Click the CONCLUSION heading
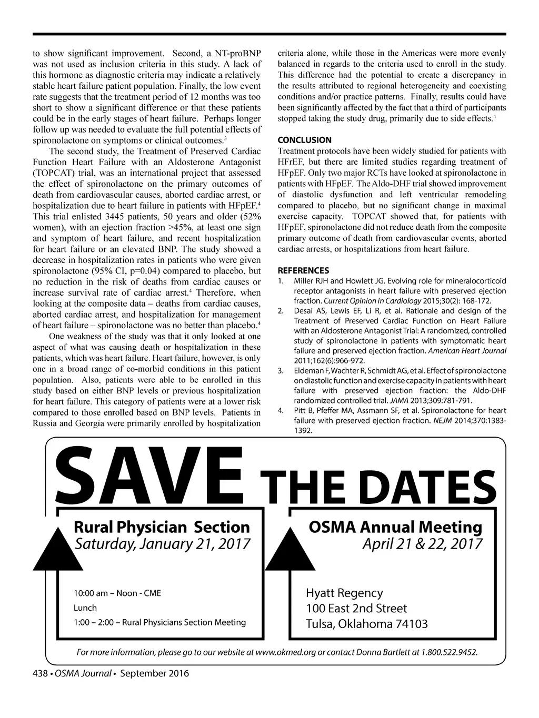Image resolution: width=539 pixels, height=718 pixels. pos(304,140)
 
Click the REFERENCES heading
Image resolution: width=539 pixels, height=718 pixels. pos(303,270)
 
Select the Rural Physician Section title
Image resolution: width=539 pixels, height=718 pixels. pos(162,527)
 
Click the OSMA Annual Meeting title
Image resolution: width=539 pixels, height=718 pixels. pos(395,527)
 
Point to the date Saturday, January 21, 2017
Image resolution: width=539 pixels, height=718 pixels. pos(162,543)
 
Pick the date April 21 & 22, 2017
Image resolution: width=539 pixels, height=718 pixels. pos(422,543)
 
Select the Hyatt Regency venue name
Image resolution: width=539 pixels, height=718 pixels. pos(344,593)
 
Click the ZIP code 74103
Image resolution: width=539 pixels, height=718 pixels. pos(410,624)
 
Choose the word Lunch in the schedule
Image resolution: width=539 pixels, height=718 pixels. pos(85,608)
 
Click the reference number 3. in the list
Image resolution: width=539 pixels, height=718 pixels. pos(281,371)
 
